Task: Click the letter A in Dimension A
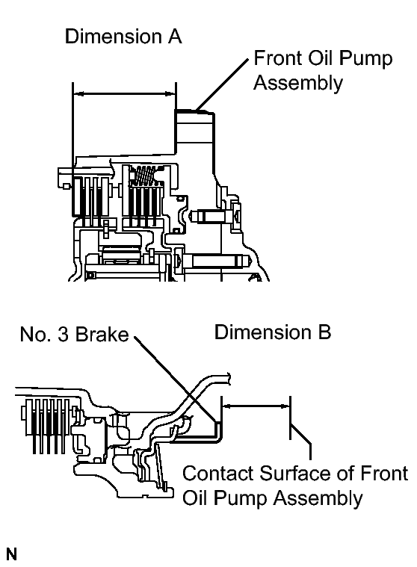pyautogui.click(x=174, y=37)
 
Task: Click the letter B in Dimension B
pyautogui.click(x=324, y=332)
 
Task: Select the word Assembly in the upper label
pyautogui.click(x=298, y=83)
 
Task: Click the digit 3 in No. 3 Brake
pyautogui.click(x=63, y=334)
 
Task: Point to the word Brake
pyautogui.click(x=102, y=334)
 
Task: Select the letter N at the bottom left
pyautogui.click(x=11, y=554)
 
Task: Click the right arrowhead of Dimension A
pyautogui.click(x=170, y=94)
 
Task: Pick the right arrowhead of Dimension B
pyautogui.click(x=285, y=406)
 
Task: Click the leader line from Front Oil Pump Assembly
pyautogui.click(x=223, y=84)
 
